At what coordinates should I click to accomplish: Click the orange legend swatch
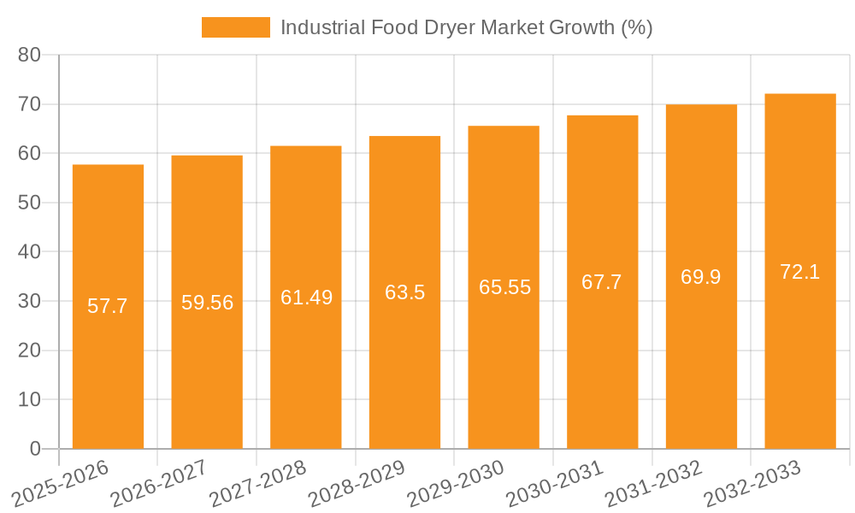pos(235,27)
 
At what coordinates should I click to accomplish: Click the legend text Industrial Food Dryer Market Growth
pos(466,27)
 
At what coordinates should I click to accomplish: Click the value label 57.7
pos(108,306)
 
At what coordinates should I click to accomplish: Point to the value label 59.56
pos(207,303)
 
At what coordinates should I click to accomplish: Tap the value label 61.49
pos(306,298)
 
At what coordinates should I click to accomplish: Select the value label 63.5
pos(404,292)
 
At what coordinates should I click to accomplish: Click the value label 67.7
pos(602,282)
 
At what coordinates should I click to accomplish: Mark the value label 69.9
pos(701,277)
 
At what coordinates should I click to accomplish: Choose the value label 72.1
pos(800,272)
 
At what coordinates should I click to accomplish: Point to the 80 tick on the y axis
pos(30,55)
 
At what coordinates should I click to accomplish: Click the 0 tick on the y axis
pos(35,449)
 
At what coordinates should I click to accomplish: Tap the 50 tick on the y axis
pos(30,203)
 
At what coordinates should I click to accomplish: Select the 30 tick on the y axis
pos(30,301)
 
